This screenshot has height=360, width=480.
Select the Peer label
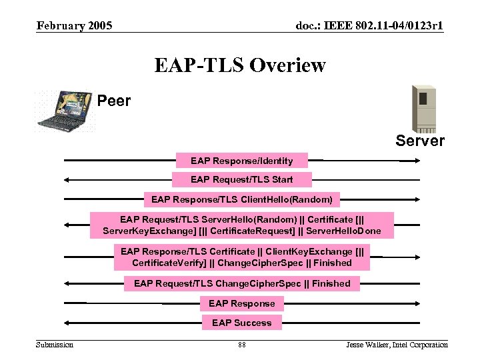tap(114, 101)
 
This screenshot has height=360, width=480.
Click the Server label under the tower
tap(420, 141)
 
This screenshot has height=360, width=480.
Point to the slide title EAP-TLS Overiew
tap(240, 65)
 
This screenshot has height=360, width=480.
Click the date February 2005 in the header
tap(75, 26)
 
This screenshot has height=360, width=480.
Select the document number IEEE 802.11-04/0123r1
tap(369, 26)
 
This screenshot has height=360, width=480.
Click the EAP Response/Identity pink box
tap(241, 161)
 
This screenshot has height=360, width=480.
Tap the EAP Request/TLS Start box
tap(241, 179)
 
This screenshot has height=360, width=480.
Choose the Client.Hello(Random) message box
tap(241, 199)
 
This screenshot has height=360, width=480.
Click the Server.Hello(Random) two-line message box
tap(242, 225)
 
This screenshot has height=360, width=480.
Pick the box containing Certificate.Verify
tap(242, 257)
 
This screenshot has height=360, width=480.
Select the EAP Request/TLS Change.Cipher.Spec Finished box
tap(242, 284)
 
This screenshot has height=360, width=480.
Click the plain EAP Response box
tap(241, 304)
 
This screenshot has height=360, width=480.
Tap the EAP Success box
tap(241, 323)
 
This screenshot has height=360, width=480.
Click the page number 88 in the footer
tap(241, 345)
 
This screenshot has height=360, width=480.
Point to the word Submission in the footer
tap(55, 345)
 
